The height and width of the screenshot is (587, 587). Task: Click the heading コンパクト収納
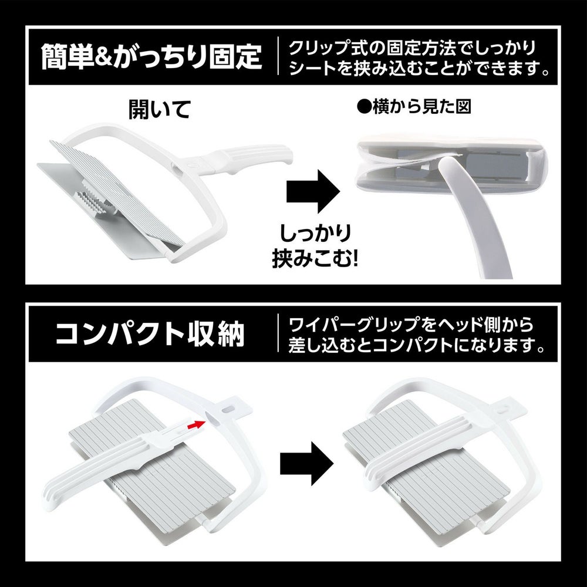(x=150, y=333)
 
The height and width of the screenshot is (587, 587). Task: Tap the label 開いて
(x=160, y=109)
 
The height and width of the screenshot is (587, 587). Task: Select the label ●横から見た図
(x=414, y=107)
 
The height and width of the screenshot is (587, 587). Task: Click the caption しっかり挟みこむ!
(x=315, y=246)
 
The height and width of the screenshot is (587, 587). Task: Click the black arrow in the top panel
(x=313, y=191)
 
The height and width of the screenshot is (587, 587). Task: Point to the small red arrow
(x=197, y=424)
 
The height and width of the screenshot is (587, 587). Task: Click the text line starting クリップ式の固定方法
(x=413, y=48)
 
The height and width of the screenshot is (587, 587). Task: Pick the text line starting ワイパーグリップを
(x=411, y=325)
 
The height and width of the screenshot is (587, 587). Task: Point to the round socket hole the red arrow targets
(x=211, y=418)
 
